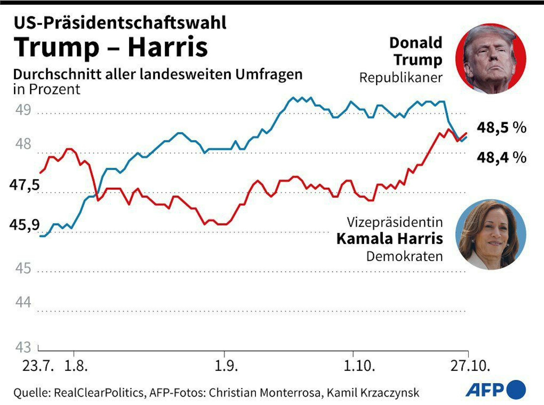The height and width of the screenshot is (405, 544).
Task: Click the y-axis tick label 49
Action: [x=23, y=110]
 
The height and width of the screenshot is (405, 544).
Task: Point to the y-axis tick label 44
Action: [x=23, y=302]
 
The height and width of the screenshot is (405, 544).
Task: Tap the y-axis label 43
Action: [x=23, y=347]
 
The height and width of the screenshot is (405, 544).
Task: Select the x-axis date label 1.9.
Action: [x=226, y=366]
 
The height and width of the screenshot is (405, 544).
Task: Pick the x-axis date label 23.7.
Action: [x=38, y=366]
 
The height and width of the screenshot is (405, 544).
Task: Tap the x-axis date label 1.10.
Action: [x=359, y=366]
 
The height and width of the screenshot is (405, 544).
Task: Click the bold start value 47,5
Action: [x=24, y=185]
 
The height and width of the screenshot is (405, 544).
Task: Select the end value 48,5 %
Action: [x=501, y=127]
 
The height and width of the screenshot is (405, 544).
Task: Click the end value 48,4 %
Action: [x=501, y=157]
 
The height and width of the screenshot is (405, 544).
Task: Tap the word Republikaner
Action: [x=401, y=78]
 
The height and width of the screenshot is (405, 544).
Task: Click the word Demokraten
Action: [x=404, y=256]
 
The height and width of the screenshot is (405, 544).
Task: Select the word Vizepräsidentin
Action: [x=395, y=222]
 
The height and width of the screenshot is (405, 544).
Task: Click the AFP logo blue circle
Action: [x=516, y=390]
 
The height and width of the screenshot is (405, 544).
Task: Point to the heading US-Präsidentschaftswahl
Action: [x=120, y=23]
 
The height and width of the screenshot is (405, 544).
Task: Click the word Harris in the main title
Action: [x=168, y=47]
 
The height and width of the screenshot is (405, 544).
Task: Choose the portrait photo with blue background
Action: [x=491, y=235]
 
